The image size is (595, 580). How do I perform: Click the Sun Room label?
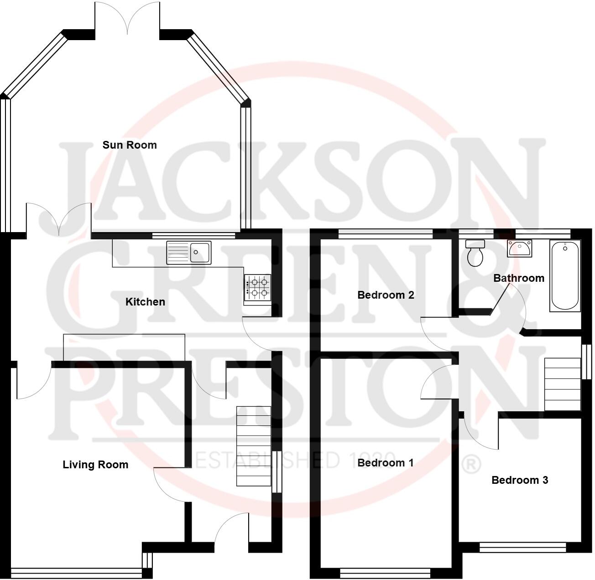click(130, 145)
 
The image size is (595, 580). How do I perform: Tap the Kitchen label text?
click(145, 302)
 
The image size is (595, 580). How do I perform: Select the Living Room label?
click(95, 465)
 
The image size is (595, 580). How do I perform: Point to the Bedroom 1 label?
click(386, 463)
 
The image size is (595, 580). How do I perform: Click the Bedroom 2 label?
click(386, 295)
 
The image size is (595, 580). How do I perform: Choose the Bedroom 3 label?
click(520, 480)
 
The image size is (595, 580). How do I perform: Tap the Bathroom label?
click(519, 278)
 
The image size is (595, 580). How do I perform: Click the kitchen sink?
click(188, 253)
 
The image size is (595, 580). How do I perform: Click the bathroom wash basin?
click(519, 249)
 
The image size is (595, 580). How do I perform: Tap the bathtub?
click(565, 275)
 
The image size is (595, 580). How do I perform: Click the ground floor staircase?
click(254, 445)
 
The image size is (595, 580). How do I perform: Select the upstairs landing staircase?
click(563, 384)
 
